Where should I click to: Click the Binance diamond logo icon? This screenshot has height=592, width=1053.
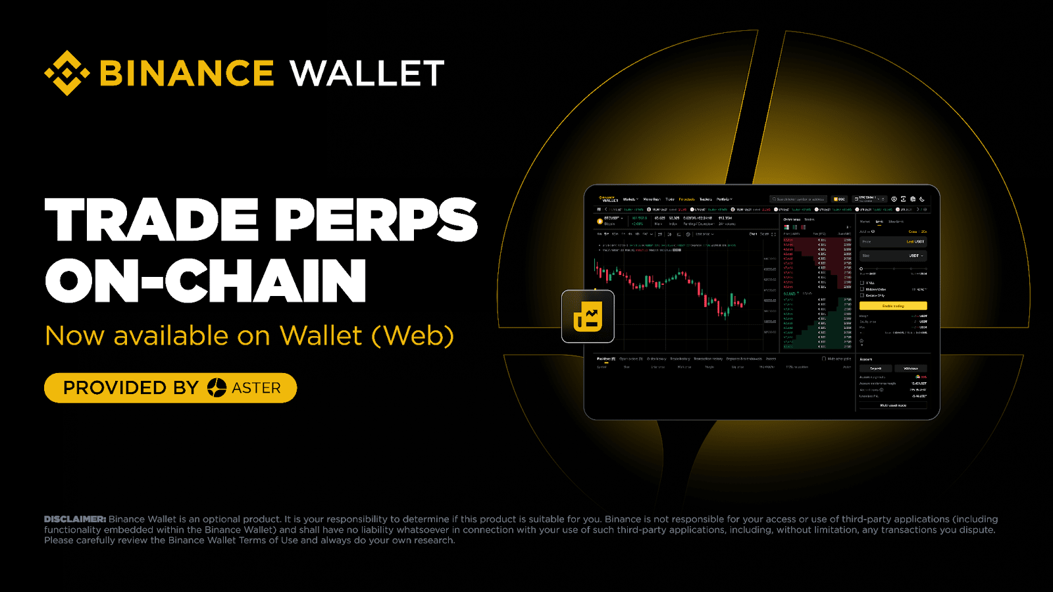66,73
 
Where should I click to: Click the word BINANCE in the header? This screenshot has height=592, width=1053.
186,73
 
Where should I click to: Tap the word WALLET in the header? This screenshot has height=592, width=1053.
367,73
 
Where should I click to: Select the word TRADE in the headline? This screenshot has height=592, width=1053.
152,220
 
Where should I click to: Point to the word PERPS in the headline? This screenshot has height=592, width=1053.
376,220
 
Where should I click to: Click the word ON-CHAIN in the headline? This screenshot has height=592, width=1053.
205,281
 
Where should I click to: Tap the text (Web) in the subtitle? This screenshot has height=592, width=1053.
413,336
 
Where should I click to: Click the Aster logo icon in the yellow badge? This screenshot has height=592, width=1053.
217,388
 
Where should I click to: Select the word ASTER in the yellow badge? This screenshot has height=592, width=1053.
256,388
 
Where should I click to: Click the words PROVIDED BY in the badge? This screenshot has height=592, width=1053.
130,388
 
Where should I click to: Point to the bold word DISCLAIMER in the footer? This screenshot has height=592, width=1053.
75,519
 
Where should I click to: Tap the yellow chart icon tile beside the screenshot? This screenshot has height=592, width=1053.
588,316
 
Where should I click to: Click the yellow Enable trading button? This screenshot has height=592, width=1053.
893,306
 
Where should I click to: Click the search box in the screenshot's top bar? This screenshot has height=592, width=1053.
798,199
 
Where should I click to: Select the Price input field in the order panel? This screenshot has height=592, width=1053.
893,242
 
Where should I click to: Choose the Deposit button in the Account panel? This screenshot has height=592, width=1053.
875,368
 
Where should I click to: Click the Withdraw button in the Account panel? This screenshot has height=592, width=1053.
911,368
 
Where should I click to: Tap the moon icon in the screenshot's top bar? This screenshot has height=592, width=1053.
922,199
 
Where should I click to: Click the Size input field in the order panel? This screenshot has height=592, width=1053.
893,255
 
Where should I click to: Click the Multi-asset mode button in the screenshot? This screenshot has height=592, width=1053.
893,405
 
